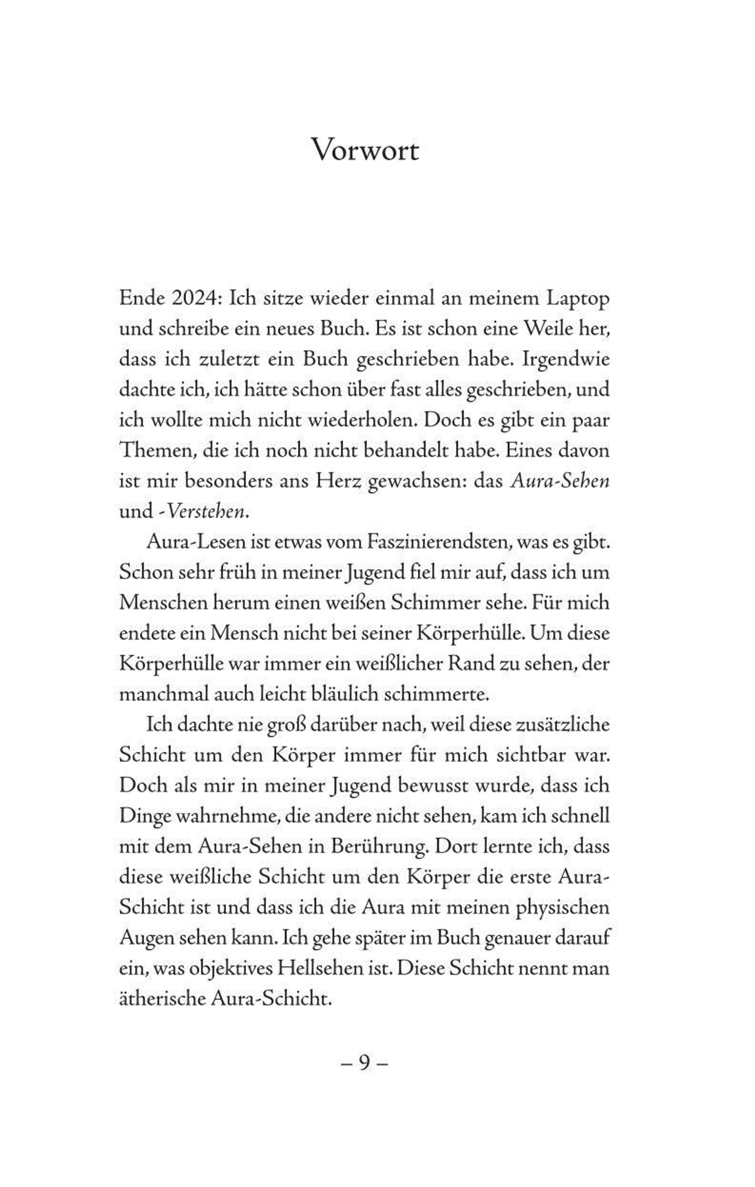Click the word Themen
(x=152, y=450)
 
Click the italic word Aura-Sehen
(x=559, y=481)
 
